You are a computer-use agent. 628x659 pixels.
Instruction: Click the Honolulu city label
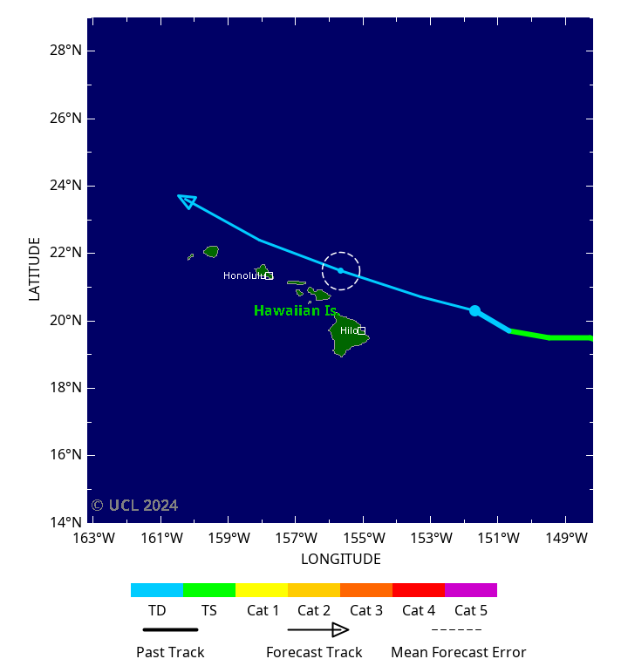click(x=244, y=275)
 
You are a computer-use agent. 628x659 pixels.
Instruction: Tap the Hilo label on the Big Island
click(x=349, y=330)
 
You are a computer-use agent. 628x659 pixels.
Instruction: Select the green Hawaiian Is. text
click(x=295, y=310)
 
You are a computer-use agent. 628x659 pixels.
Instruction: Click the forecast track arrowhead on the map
click(x=187, y=200)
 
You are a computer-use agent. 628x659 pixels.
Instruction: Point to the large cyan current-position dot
click(x=474, y=310)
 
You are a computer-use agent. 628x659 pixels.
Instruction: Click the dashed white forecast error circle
click(x=341, y=252)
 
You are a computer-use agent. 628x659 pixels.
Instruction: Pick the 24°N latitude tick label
click(x=67, y=186)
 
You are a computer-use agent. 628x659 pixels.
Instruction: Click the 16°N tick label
click(x=67, y=455)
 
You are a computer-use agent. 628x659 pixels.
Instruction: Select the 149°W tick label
click(x=565, y=539)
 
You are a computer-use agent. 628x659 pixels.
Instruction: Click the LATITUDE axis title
click(x=35, y=269)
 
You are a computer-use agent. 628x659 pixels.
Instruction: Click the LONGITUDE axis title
click(x=340, y=559)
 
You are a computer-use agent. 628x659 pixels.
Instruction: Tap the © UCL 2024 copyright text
click(x=134, y=506)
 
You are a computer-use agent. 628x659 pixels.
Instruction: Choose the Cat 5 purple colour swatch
click(x=471, y=590)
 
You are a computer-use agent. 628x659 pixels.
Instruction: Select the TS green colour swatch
click(x=209, y=590)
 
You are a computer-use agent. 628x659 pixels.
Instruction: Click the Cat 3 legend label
click(x=366, y=610)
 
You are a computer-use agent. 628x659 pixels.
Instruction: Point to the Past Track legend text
click(x=170, y=651)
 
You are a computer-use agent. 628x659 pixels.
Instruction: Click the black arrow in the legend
click(x=318, y=629)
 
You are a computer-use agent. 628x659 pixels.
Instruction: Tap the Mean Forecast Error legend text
click(x=458, y=651)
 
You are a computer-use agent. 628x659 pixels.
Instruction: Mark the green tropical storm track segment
click(x=549, y=336)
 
